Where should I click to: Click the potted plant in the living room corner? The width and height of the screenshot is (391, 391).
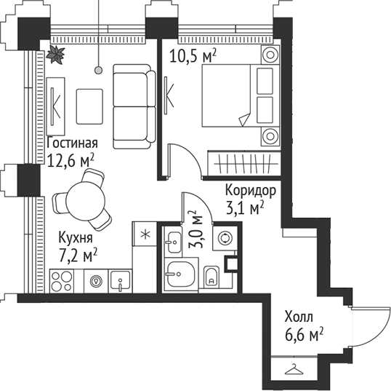[55, 53]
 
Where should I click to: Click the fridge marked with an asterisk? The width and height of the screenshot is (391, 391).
[145, 233]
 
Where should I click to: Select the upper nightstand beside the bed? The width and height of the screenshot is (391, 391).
[270, 55]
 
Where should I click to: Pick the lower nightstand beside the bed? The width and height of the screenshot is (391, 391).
[270, 135]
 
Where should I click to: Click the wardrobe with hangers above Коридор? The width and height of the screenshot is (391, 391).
[243, 160]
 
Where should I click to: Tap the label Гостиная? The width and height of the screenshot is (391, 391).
[71, 143]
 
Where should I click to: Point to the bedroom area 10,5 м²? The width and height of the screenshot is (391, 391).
[193, 55]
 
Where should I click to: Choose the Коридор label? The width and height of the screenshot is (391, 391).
[249, 191]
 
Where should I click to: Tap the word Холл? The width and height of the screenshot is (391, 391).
[298, 317]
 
